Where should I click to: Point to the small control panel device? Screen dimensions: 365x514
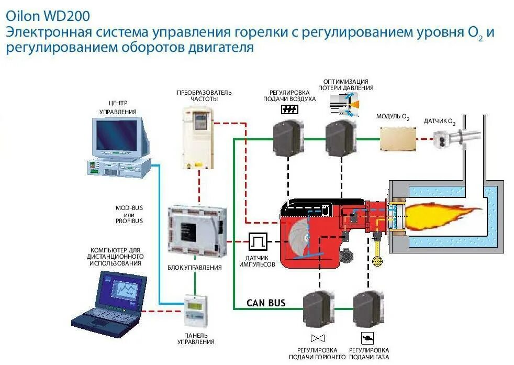click(196, 310)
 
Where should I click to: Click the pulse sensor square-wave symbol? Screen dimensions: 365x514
click(258, 242)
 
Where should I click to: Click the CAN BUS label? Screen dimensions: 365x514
click(266, 303)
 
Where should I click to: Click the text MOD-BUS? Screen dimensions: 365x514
click(129, 208)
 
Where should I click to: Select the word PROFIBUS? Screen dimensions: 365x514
click(129, 222)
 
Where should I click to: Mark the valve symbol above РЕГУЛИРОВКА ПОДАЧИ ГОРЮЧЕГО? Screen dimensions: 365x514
click(317, 337)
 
